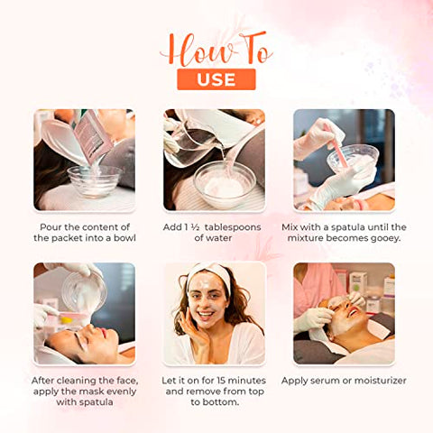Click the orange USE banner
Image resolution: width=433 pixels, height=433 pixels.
(x=216, y=79)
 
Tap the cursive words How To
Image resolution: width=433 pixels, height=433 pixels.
(x=216, y=49)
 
